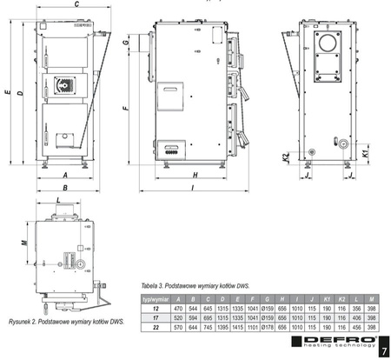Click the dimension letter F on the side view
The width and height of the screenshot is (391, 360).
point(126,110)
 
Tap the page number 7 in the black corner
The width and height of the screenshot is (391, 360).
point(383,350)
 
